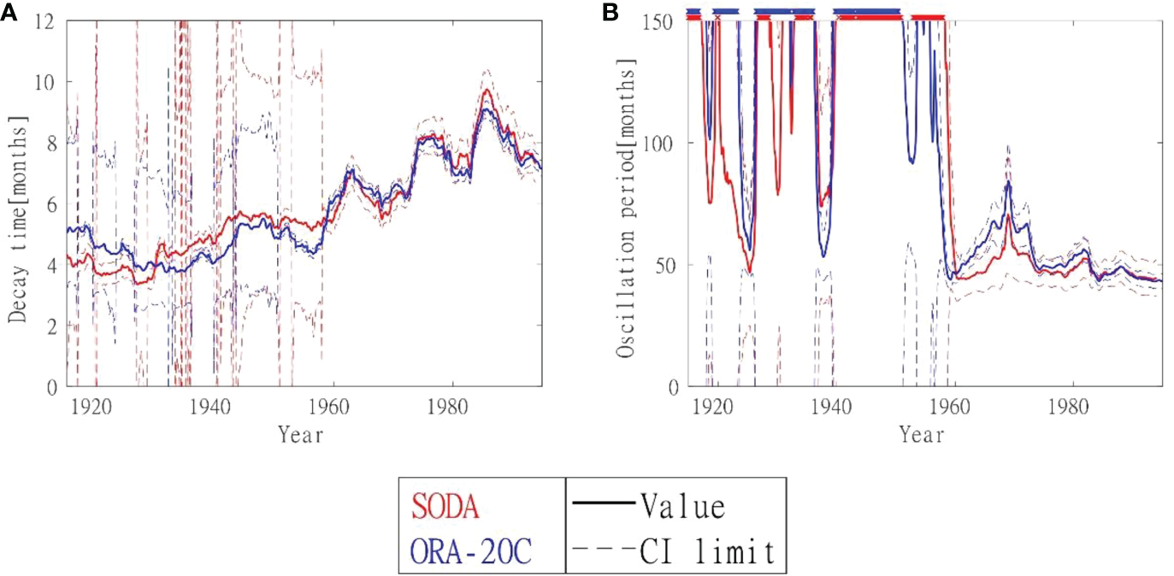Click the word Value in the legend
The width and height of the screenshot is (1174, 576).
coord(681,507)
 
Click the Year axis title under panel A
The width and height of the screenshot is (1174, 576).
coord(301,435)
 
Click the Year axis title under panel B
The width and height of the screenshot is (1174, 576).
coord(922,435)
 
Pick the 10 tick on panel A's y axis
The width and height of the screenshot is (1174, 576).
coord(45,82)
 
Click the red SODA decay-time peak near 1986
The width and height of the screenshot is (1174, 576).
coord(487,90)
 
